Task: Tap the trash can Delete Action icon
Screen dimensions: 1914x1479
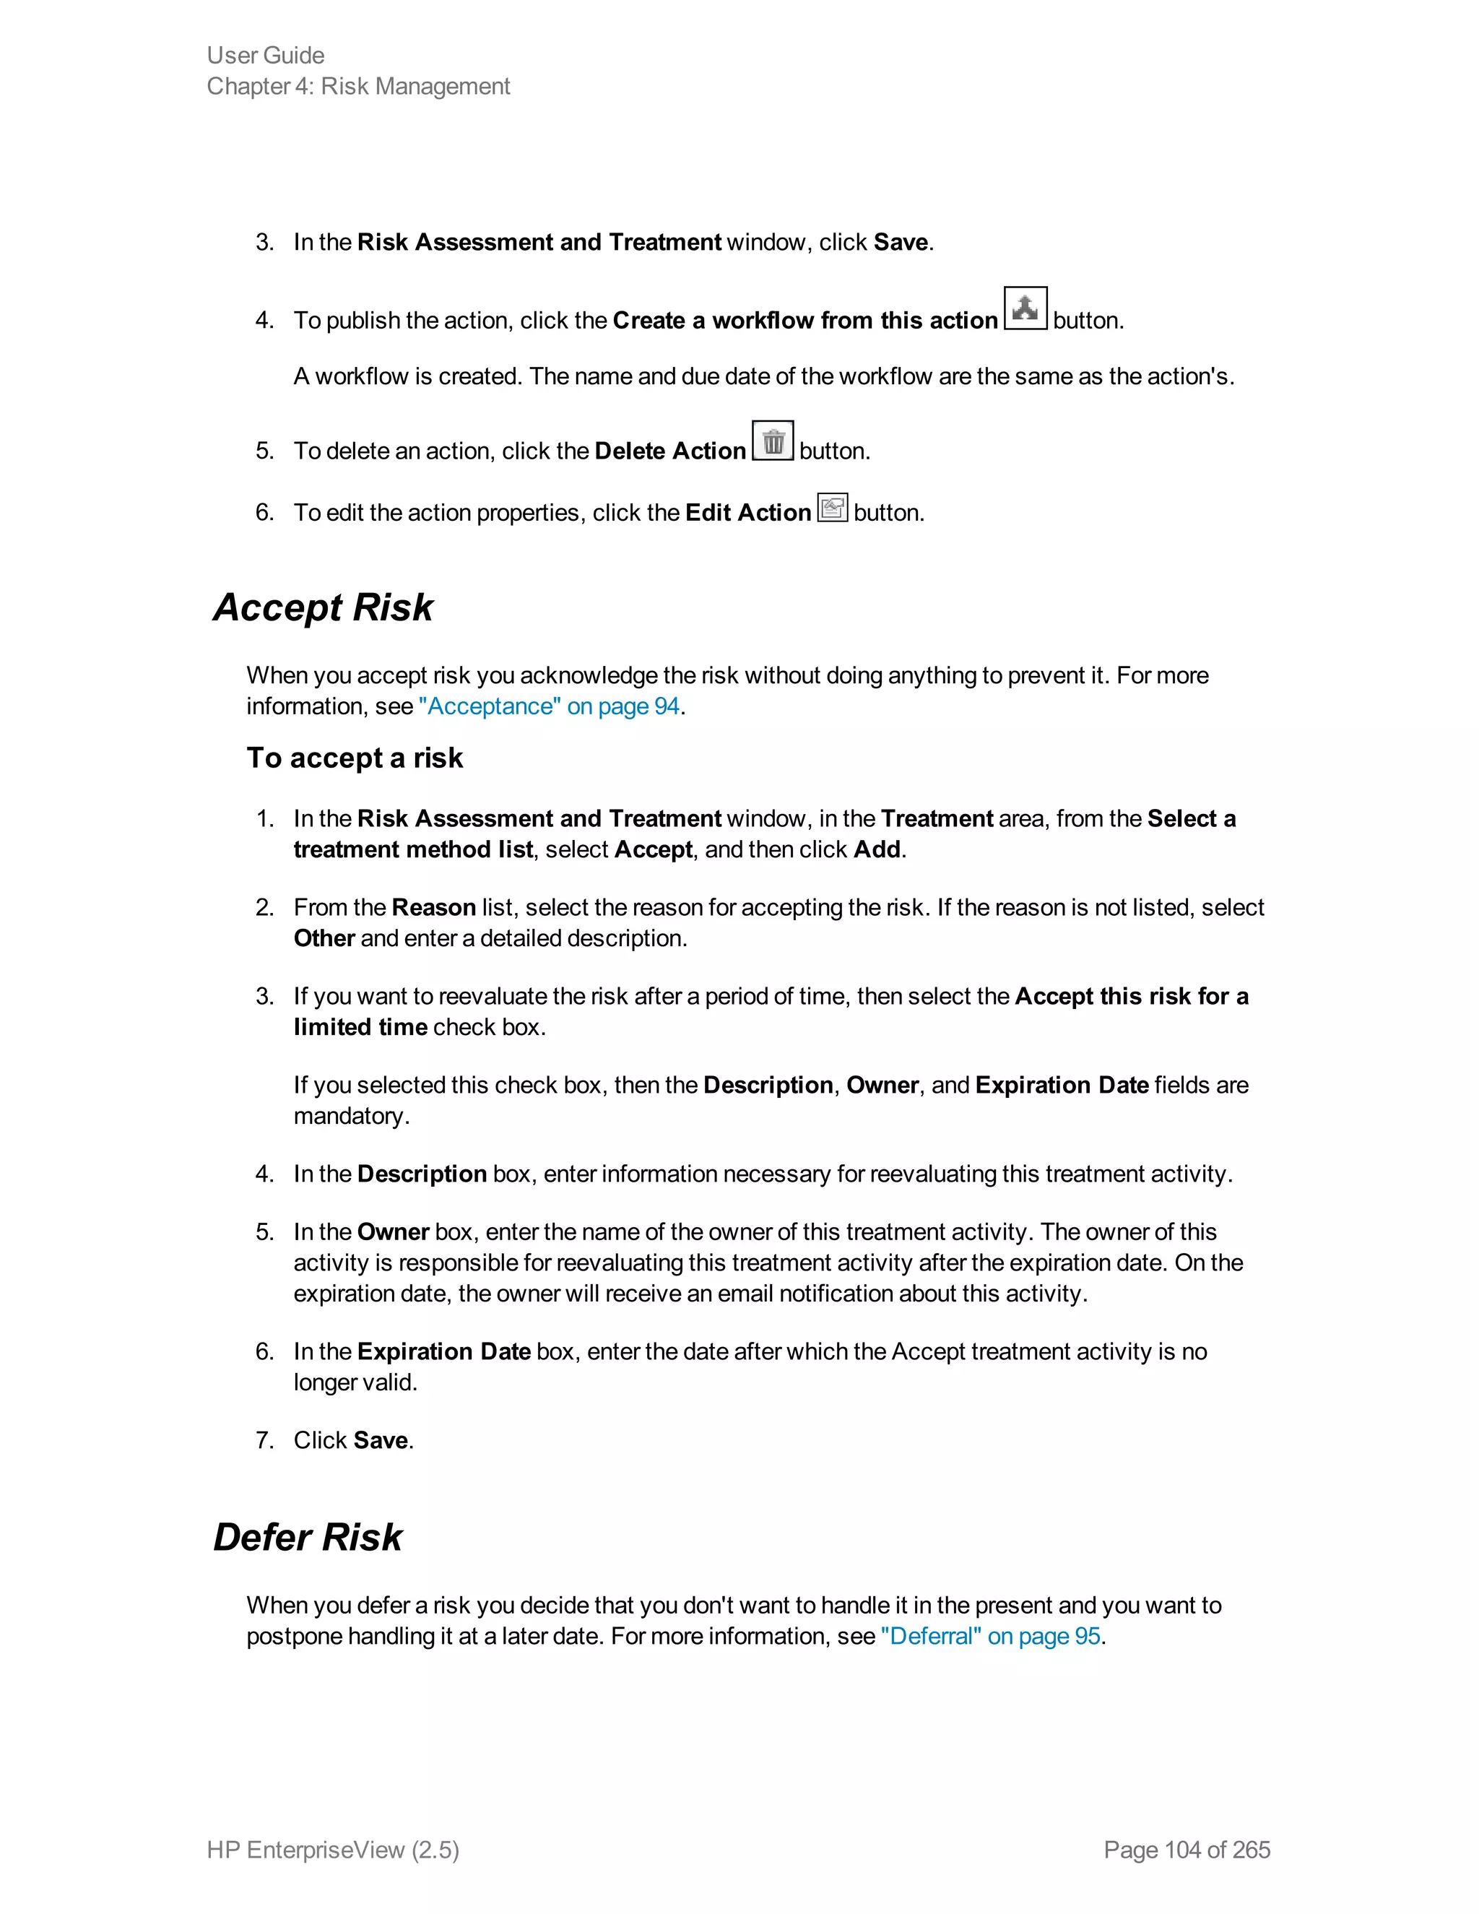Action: pos(772,441)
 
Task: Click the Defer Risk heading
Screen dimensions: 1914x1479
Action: pos(308,1536)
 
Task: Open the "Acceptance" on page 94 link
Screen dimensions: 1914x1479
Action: pos(550,706)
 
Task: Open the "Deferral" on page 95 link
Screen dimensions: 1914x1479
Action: pos(990,1636)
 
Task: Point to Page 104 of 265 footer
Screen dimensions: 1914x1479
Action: pos(1187,1849)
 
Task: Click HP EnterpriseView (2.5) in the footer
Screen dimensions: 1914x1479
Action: pos(333,1849)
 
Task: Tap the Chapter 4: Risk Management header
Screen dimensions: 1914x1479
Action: pos(357,86)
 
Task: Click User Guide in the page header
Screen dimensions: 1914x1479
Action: pos(266,55)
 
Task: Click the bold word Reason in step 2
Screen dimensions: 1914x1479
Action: pos(434,907)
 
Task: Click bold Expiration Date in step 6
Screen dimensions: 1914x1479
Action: pos(443,1351)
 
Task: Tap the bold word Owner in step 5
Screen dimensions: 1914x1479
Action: pos(393,1231)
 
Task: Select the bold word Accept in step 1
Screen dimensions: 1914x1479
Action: pos(653,849)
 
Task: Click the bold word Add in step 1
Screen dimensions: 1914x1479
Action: pos(876,849)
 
